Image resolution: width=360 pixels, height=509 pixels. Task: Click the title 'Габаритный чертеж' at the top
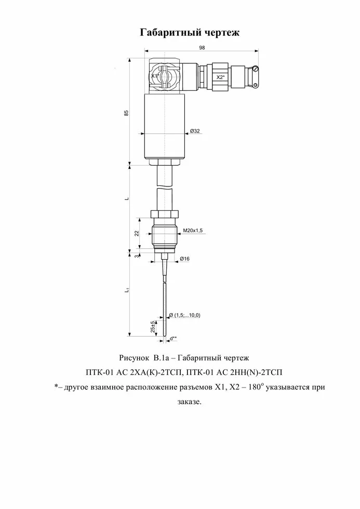point(190,32)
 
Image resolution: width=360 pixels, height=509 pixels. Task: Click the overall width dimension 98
point(202,48)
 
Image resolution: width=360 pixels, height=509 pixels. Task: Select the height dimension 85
point(126,113)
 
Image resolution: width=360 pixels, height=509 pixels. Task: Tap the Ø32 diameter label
point(195,131)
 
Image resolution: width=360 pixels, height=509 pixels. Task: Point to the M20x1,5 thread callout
point(193,231)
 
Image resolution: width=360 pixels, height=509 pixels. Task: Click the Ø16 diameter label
point(185,259)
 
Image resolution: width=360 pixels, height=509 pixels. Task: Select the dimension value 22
point(137,233)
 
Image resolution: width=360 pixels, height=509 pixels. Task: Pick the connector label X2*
point(220,77)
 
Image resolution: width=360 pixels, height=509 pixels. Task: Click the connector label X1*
point(155,76)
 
